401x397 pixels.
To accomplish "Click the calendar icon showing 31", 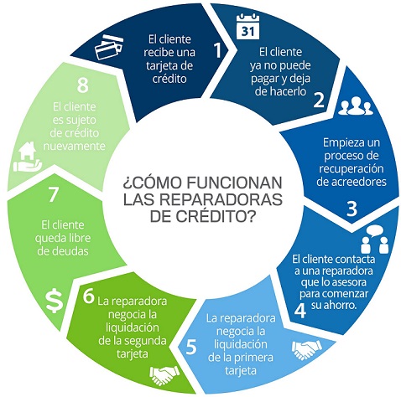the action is point(247,27).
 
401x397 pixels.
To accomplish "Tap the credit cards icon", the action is point(109,47).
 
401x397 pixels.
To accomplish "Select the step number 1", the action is point(217,50).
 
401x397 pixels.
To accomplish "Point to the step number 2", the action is point(319,100).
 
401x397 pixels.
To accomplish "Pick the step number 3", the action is point(352,209).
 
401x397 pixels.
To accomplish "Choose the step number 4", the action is point(300,310).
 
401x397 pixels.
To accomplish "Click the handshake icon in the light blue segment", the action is point(306,349).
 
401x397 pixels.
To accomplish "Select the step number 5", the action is point(191,347).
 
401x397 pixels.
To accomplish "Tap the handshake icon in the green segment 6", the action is point(164,374).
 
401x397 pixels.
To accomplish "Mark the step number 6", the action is point(89,296).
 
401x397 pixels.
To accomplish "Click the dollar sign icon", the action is point(55,302).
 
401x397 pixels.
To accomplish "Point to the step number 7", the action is point(53,194).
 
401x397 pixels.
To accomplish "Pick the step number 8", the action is point(82,85).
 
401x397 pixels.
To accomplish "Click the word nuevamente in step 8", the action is point(74,146).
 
